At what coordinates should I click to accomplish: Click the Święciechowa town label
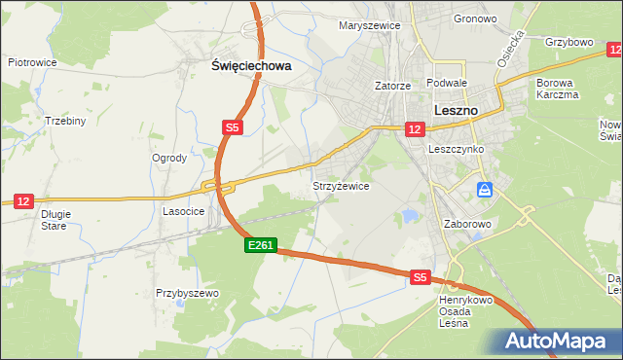(252, 66)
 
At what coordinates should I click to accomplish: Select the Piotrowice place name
(32, 62)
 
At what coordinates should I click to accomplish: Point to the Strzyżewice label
(340, 186)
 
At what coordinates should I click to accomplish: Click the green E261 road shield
(260, 247)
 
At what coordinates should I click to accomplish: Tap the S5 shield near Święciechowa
(231, 127)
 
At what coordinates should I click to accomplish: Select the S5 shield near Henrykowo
(420, 277)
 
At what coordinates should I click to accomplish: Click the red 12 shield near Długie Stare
(23, 200)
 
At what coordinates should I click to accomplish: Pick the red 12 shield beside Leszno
(415, 129)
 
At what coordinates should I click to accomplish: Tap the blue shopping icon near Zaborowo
(484, 189)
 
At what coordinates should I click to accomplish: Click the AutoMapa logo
(559, 342)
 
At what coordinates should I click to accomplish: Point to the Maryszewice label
(369, 26)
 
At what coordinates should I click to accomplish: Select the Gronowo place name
(475, 18)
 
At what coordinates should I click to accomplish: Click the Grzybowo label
(569, 43)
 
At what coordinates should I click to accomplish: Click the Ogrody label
(169, 158)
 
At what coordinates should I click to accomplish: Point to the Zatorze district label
(393, 86)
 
